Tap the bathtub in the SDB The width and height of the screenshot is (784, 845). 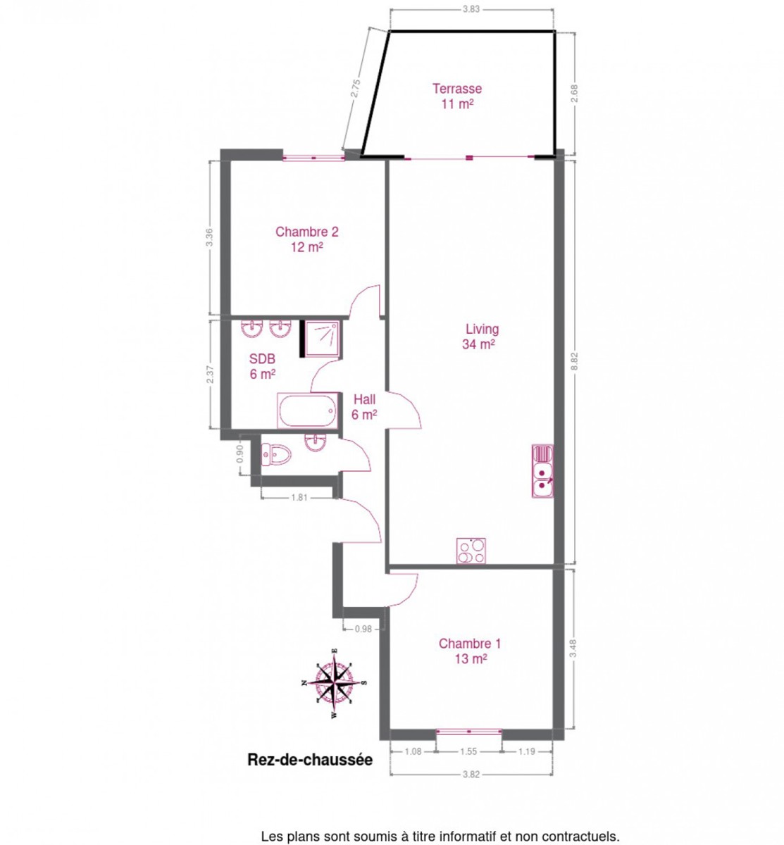pyautogui.click(x=308, y=410)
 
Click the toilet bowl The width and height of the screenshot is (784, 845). pyautogui.click(x=275, y=455)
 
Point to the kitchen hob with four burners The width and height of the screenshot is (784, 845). pyautogui.click(x=471, y=551)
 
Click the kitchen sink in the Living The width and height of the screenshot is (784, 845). pyautogui.click(x=542, y=471)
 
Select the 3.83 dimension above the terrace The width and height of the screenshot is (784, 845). pyautogui.click(x=471, y=9)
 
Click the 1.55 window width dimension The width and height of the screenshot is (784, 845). pyautogui.click(x=468, y=751)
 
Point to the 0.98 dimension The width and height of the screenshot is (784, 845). pyautogui.click(x=363, y=629)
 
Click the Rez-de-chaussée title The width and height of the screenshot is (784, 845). pyautogui.click(x=310, y=760)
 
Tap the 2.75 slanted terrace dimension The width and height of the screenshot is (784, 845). pyautogui.click(x=355, y=88)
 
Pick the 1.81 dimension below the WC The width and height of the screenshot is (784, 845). pyautogui.click(x=299, y=497)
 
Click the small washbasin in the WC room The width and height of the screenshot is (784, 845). pyautogui.click(x=316, y=442)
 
